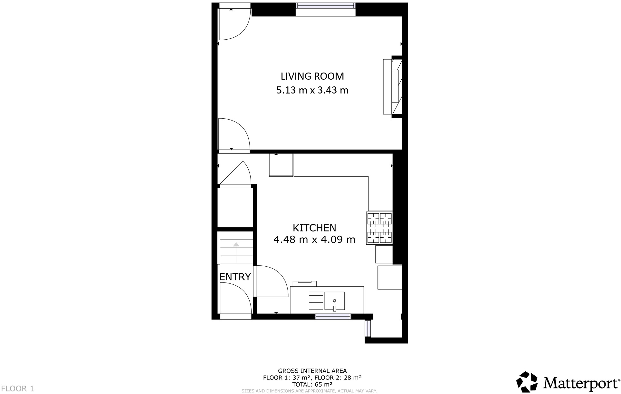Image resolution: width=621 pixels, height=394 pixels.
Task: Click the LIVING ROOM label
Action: [x=312, y=76]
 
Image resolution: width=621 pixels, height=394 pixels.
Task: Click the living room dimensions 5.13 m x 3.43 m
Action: [x=312, y=90]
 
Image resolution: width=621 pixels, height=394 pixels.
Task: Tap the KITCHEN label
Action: [x=314, y=228]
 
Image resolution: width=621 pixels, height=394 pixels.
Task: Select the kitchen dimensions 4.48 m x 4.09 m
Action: [x=314, y=240]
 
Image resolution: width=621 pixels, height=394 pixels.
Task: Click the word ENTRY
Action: [x=235, y=277]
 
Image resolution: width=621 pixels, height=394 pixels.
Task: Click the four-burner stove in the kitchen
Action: [x=379, y=228]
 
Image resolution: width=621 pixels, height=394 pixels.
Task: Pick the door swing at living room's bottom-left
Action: [x=234, y=135]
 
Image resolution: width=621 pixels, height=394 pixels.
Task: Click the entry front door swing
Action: [x=234, y=298]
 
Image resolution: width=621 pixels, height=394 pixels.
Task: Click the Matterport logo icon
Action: [x=527, y=382]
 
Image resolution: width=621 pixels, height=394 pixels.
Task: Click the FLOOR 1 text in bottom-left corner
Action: [x=17, y=389]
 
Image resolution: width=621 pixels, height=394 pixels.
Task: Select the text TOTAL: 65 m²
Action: [x=312, y=384]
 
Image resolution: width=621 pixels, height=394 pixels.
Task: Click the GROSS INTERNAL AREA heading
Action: [x=312, y=371]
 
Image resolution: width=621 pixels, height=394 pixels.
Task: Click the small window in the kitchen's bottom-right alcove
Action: [x=368, y=328]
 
